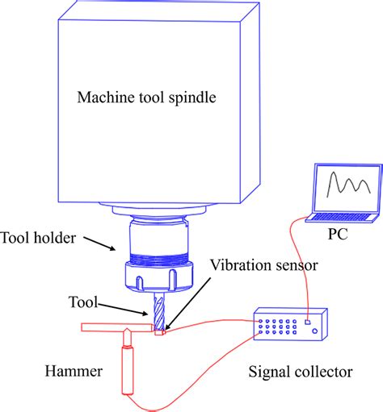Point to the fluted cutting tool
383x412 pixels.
158,311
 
